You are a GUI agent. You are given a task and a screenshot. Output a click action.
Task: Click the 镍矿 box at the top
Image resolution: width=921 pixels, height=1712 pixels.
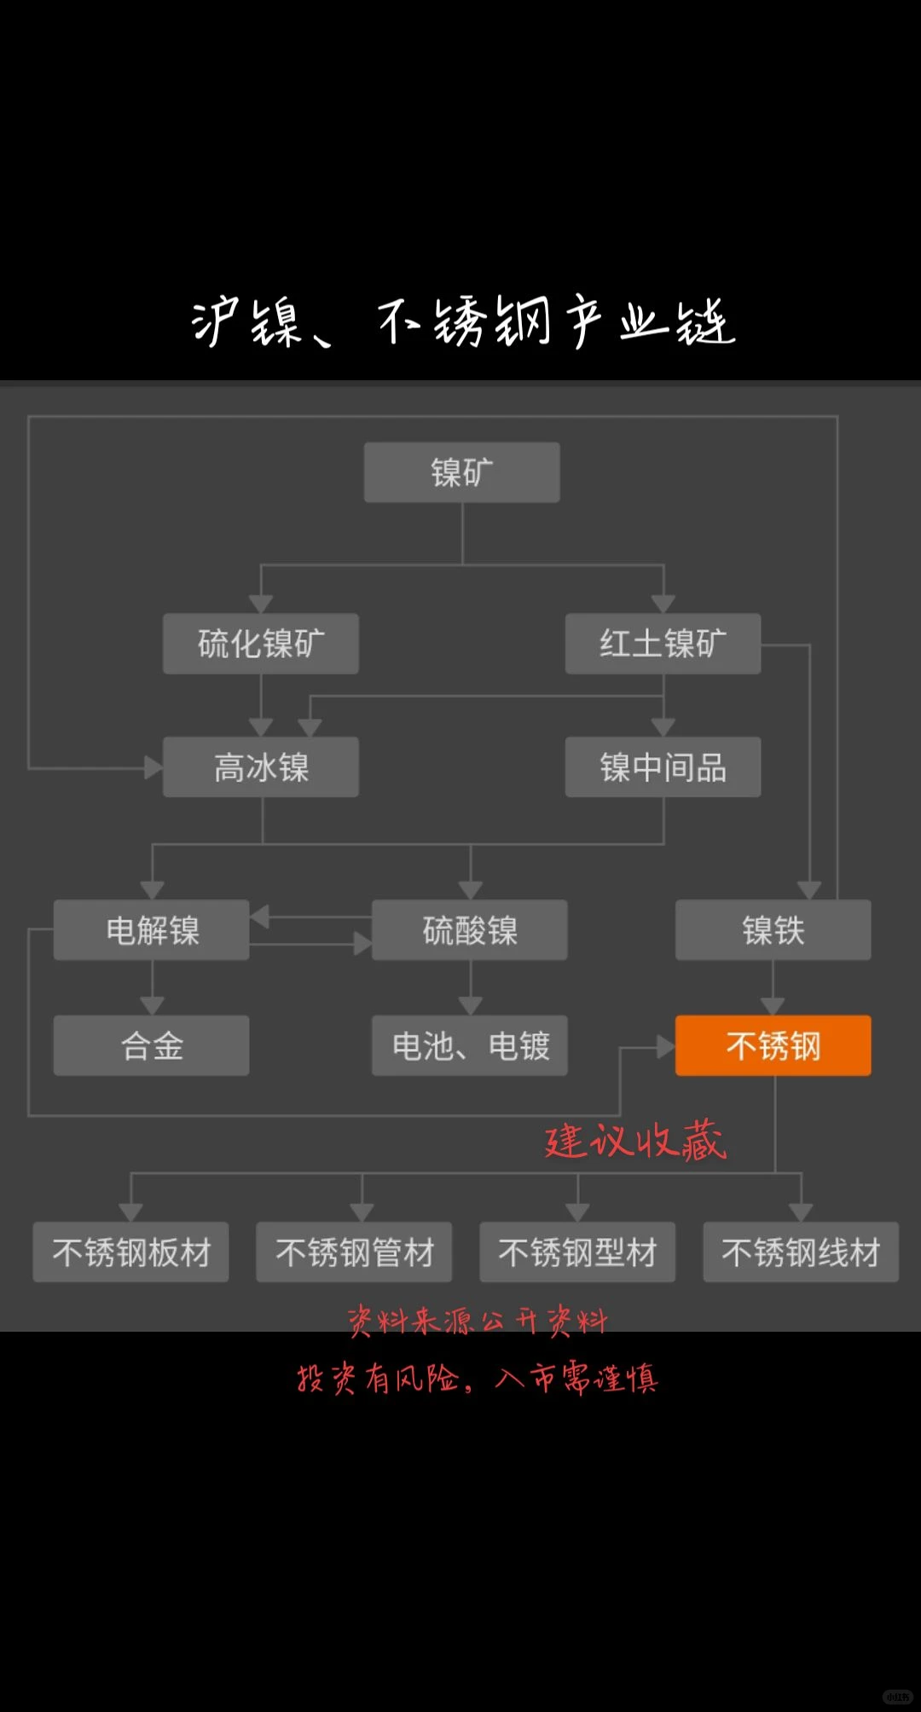[x=461, y=472]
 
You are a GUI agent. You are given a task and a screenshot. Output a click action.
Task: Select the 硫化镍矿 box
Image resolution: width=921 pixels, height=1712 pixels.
[x=261, y=644]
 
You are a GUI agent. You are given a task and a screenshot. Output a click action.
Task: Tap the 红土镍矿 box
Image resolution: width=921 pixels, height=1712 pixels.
[x=663, y=644]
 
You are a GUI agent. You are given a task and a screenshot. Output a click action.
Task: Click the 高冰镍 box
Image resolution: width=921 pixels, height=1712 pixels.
[x=261, y=767]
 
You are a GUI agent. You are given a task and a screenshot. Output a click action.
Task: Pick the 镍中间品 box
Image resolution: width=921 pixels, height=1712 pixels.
[x=663, y=767]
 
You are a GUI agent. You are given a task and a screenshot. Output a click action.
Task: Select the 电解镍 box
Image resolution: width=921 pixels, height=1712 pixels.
[x=152, y=930]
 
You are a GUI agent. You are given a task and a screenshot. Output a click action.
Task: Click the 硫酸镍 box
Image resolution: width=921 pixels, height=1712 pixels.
[x=469, y=930]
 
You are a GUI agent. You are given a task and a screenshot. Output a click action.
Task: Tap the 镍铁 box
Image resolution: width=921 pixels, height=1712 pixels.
[x=773, y=930]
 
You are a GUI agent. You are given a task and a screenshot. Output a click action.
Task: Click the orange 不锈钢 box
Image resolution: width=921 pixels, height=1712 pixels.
[x=773, y=1045]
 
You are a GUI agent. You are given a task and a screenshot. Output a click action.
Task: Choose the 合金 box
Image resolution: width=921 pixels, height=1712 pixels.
[x=152, y=1045]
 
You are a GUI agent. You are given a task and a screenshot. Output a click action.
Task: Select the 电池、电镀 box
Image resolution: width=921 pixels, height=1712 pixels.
[x=469, y=1045]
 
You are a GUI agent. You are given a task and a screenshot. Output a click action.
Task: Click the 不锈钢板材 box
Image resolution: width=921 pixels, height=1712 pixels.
[x=130, y=1252]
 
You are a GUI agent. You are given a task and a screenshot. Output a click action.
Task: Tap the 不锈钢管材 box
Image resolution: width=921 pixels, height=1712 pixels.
[x=354, y=1252]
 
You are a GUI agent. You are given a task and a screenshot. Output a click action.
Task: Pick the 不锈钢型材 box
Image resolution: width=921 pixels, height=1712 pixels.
[x=577, y=1252]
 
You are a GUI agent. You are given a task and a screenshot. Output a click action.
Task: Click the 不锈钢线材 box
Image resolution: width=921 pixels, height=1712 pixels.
[x=801, y=1252]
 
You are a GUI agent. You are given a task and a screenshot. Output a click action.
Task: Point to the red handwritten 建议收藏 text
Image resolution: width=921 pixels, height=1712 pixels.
[x=635, y=1141]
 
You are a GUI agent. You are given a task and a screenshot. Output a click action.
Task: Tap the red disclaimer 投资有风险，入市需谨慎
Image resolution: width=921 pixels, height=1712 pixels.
[x=477, y=1378]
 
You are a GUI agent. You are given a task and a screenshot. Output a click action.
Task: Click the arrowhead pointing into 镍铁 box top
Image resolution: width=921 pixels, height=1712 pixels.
[x=809, y=891]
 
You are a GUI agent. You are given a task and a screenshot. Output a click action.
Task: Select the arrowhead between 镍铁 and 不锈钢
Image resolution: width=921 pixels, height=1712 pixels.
[x=773, y=1006]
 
